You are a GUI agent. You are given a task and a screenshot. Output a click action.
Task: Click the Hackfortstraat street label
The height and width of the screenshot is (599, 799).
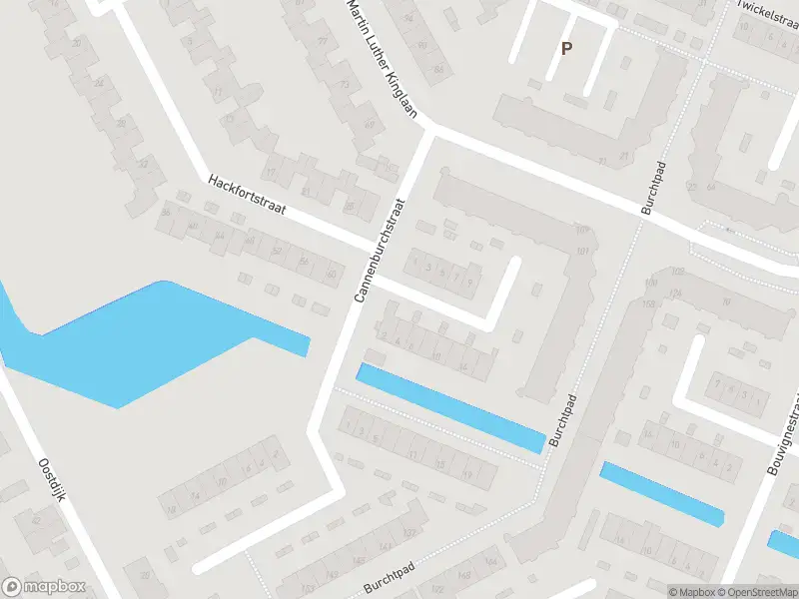pos(247,196)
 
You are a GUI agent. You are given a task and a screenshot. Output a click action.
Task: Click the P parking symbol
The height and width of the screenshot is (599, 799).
pos(566,48)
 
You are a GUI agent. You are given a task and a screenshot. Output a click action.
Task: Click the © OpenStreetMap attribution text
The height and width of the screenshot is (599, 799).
pos(757,592)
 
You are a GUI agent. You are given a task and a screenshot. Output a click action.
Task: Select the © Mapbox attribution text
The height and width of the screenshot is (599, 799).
pos(691,592)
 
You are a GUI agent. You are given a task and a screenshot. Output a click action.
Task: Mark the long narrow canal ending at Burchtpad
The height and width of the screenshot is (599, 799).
pos(449,407)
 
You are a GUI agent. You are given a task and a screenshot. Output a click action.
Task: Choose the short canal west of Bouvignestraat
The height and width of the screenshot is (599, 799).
pos(661,493)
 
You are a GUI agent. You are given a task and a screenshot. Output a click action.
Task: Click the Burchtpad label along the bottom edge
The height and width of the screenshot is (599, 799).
pos(390,578)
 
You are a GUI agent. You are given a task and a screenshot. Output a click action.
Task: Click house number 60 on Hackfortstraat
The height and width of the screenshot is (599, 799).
pos(330,273)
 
